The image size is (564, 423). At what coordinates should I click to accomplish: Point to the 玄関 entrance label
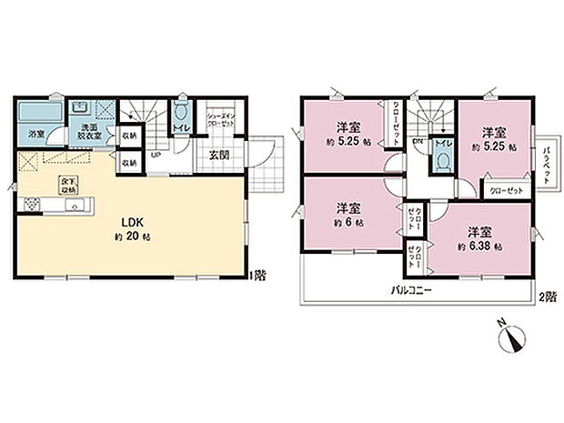220,155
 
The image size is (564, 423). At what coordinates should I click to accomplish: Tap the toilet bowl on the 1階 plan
182,113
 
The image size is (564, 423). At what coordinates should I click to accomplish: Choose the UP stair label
156,156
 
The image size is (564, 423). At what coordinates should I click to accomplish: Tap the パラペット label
548,164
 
